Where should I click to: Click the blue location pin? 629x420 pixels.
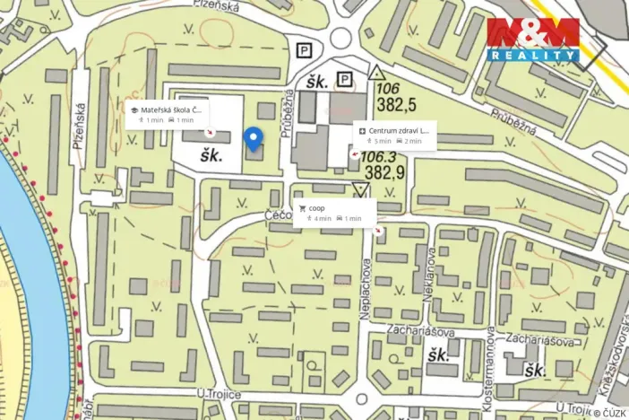pyautogui.click(x=254, y=138)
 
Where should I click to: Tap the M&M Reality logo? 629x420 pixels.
pyautogui.click(x=533, y=39)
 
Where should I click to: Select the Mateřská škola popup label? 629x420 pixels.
pyautogui.click(x=167, y=114)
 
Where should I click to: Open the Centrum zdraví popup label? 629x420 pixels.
pyautogui.click(x=395, y=135)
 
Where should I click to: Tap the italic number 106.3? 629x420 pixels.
pyautogui.click(x=378, y=156)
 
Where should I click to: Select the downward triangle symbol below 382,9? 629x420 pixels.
pyautogui.click(x=361, y=189)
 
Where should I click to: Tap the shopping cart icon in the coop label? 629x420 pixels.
pyautogui.click(x=302, y=208)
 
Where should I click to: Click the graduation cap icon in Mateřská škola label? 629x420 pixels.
pyautogui.click(x=134, y=109)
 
